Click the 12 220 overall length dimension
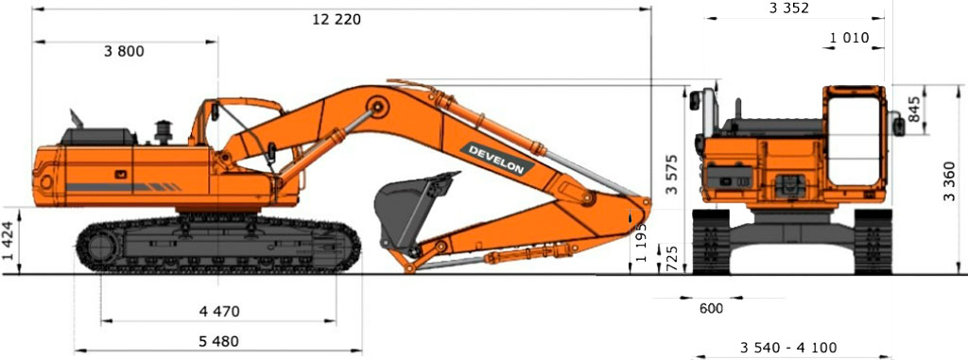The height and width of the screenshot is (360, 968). click(x=337, y=20)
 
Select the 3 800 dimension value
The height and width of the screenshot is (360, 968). click(x=124, y=52)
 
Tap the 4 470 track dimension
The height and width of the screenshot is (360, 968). click(x=219, y=311)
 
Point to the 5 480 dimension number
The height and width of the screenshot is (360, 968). click(x=218, y=341)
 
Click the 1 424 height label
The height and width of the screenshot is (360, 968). click(x=9, y=240)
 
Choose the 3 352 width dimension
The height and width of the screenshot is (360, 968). click(x=788, y=8)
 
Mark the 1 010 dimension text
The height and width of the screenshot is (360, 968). click(x=849, y=38)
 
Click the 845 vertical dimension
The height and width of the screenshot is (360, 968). click(x=915, y=110)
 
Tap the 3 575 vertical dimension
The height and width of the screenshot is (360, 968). click(x=672, y=174)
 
